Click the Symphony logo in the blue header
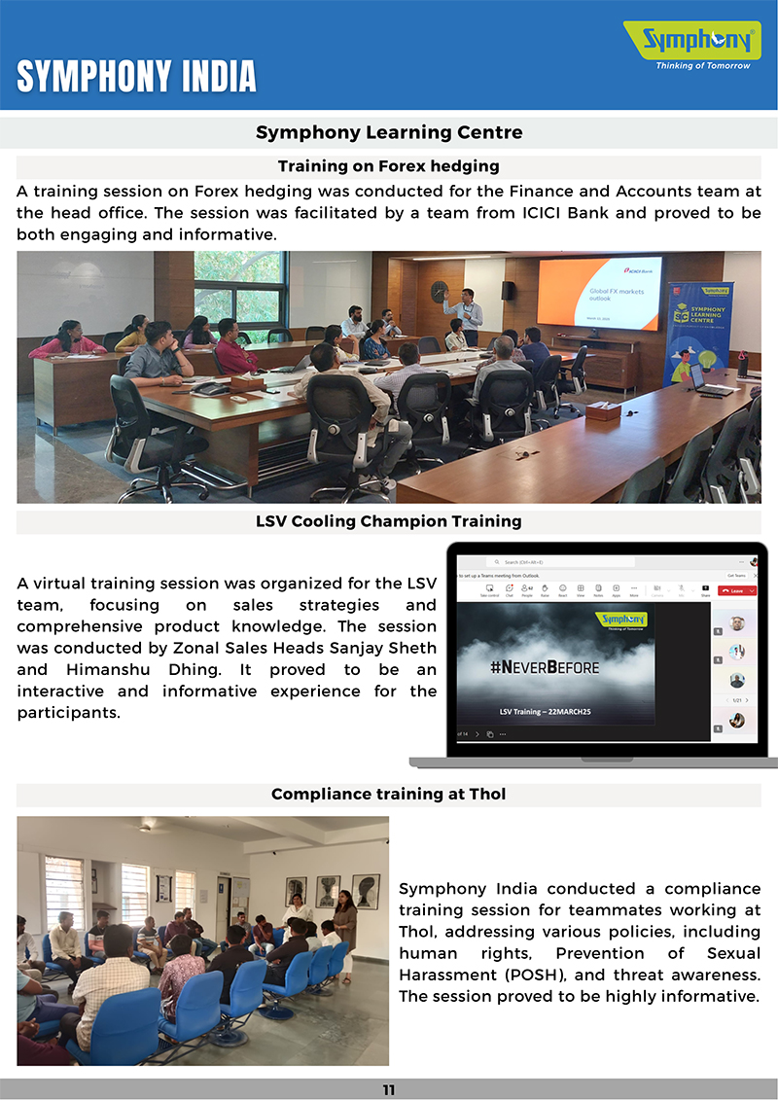692,42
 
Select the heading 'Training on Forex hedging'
389,166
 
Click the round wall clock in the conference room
439,291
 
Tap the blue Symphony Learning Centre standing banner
700,331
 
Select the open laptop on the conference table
707,378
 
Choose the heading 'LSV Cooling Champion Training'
389,521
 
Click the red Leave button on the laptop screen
736,590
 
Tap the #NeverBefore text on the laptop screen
544,667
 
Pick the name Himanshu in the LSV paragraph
103,670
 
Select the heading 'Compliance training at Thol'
389,795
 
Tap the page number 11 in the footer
389,1090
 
